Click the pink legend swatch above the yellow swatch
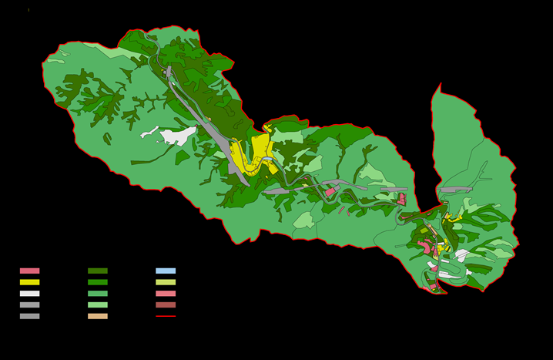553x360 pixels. point(29,271)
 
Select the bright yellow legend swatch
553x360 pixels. point(29,282)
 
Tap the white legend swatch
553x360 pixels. point(29,294)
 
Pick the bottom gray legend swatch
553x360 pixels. point(29,316)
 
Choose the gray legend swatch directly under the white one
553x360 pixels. point(29,304)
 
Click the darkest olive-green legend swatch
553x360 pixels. point(98,271)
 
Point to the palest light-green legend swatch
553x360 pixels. point(98,304)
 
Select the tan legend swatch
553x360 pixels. point(98,316)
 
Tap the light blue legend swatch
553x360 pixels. point(166,271)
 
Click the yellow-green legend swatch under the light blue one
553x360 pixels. point(166,282)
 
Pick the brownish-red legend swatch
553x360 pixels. point(166,304)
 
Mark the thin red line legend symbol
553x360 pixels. point(166,316)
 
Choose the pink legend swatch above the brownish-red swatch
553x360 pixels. point(166,294)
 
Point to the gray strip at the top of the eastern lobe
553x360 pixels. point(455,189)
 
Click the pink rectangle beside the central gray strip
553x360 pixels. point(330,191)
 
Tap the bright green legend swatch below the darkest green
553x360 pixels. point(98,282)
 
